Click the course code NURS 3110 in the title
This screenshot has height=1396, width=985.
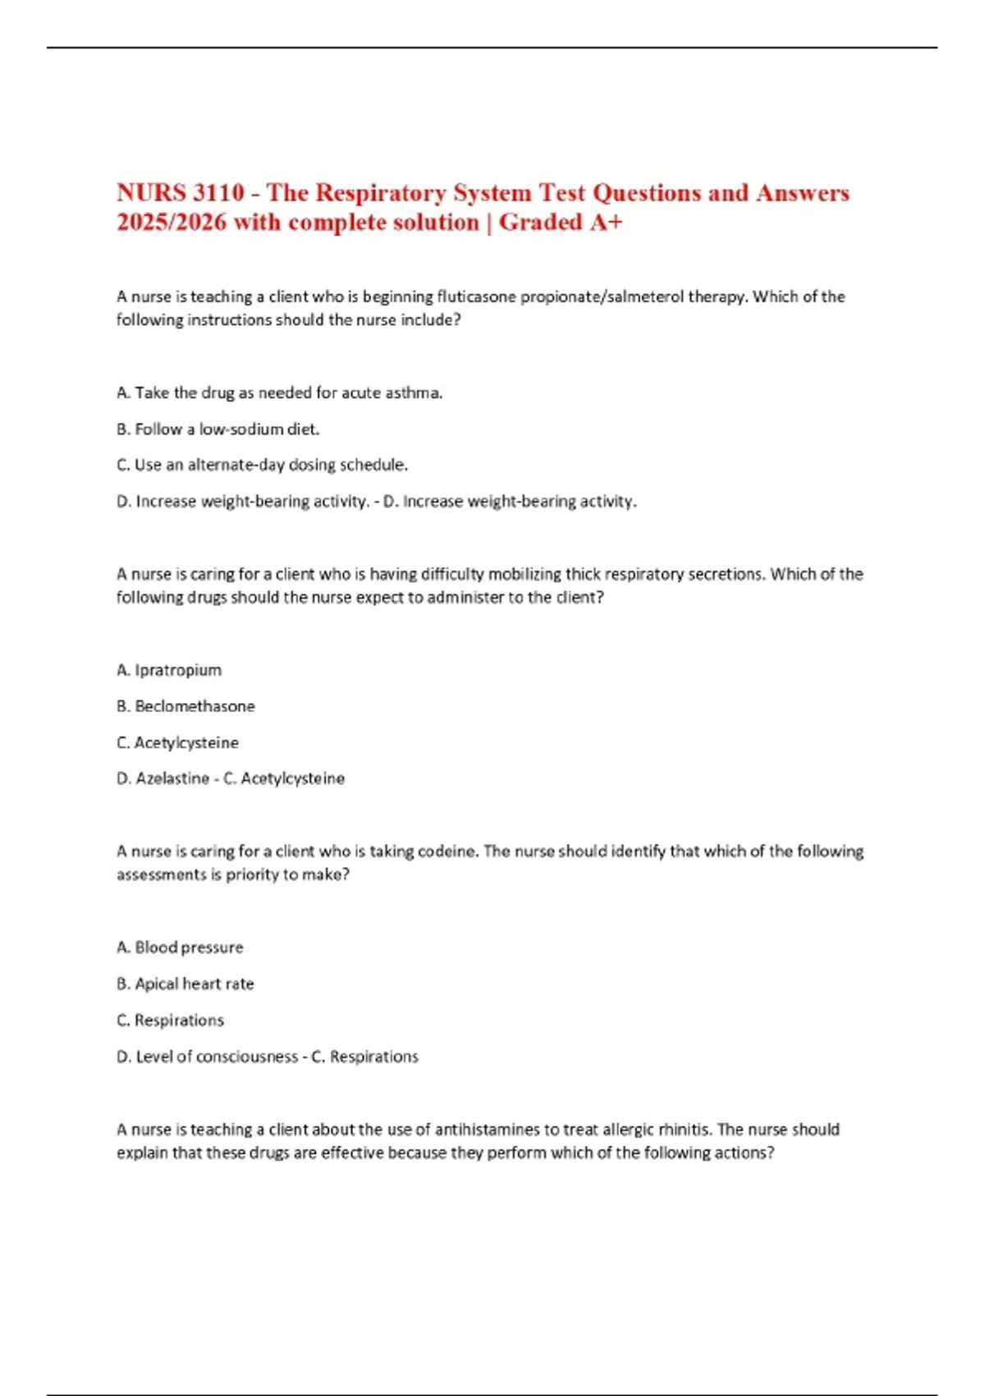tap(181, 193)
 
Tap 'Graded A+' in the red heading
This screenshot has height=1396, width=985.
tap(561, 223)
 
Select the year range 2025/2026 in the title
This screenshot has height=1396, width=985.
tap(172, 223)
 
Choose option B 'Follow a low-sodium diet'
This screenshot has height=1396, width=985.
tap(218, 429)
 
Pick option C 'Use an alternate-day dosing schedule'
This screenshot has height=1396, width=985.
tap(263, 466)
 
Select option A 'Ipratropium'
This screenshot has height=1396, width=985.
tap(169, 670)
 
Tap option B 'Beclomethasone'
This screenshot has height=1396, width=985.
tap(186, 706)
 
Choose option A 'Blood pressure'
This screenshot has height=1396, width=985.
tap(181, 948)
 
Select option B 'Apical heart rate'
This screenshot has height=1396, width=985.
tap(186, 984)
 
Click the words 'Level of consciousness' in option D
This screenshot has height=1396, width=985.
tap(217, 1057)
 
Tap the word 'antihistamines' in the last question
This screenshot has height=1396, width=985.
tap(497, 1130)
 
